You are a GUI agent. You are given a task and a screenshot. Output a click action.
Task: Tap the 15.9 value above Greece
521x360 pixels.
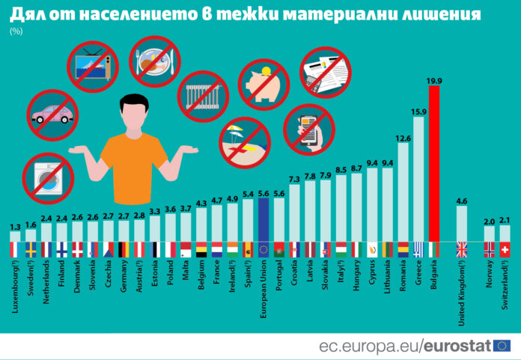coord(418,112)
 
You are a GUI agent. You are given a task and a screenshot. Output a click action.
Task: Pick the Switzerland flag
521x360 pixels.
coord(505,250)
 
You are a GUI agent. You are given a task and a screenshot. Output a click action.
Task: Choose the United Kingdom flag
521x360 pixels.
coord(462,250)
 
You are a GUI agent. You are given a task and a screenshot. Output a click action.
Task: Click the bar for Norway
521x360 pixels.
coord(489,233)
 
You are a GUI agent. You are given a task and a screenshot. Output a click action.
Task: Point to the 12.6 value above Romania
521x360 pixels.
coord(403,137)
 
